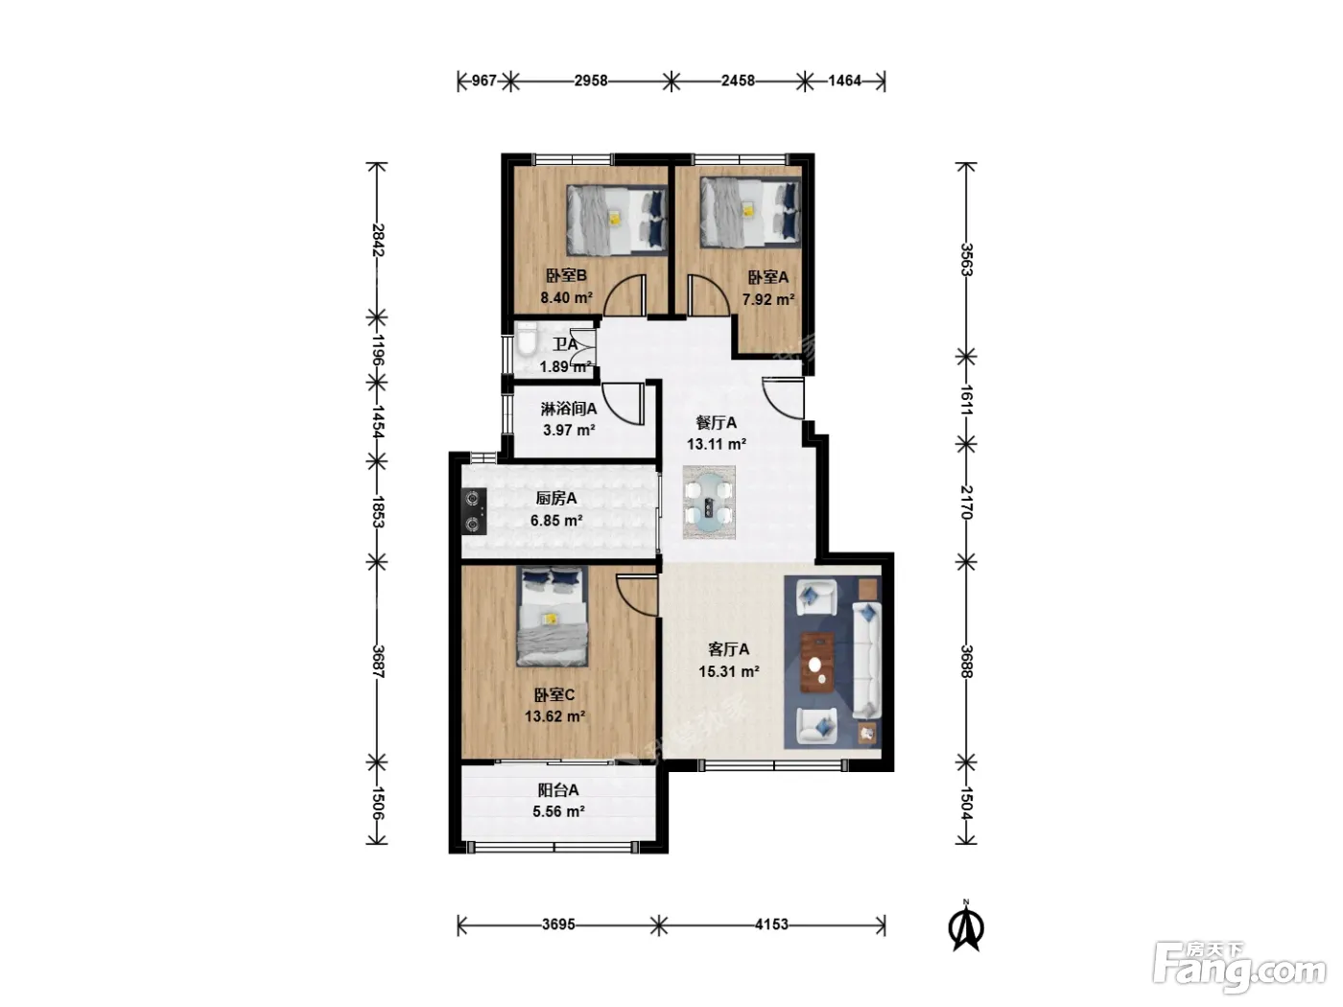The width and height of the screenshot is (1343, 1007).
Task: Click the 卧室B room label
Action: pos(566,275)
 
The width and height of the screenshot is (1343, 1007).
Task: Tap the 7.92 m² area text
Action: pos(767,299)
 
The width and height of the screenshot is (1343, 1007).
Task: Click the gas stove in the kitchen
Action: pos(474,511)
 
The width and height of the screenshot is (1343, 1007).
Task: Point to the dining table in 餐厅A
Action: pos(709,503)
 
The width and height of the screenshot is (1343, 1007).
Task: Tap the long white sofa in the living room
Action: pos(867,660)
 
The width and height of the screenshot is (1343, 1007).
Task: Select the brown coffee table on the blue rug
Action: pos(817,663)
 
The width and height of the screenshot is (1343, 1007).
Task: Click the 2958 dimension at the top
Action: pos(591,81)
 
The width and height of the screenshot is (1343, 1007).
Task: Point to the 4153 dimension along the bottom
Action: pos(771,924)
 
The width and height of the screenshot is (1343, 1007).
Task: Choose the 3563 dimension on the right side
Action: pos(965,260)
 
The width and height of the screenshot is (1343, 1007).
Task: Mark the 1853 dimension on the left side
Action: pos(377,512)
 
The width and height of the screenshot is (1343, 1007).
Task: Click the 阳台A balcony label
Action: pos(558,790)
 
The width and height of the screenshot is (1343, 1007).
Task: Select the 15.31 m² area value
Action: pos(729,671)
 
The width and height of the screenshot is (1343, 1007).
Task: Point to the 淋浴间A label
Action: pos(569,408)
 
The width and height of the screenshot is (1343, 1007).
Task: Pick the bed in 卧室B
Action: pos(617,220)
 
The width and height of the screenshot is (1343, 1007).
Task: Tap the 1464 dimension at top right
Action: pos(845,81)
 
